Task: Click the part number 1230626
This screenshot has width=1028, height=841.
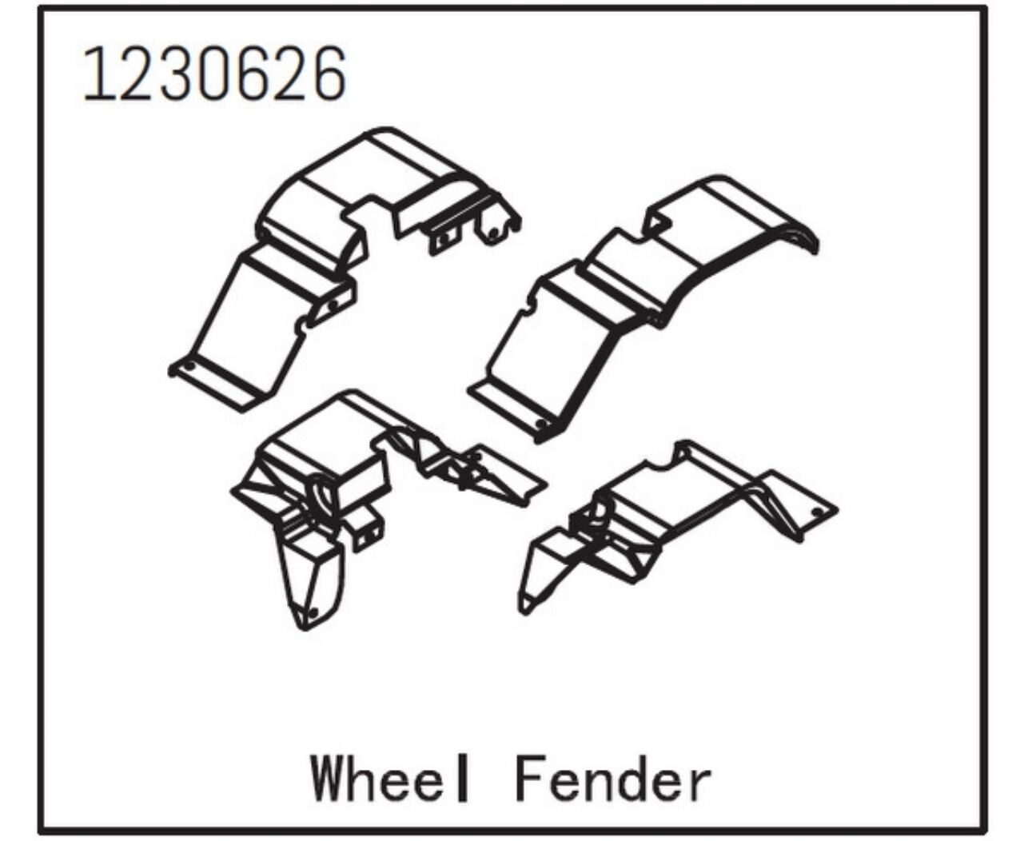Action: point(214,74)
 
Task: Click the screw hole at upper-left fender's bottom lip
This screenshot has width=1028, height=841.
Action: point(190,365)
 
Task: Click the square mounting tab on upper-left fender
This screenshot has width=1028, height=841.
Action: point(444,240)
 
